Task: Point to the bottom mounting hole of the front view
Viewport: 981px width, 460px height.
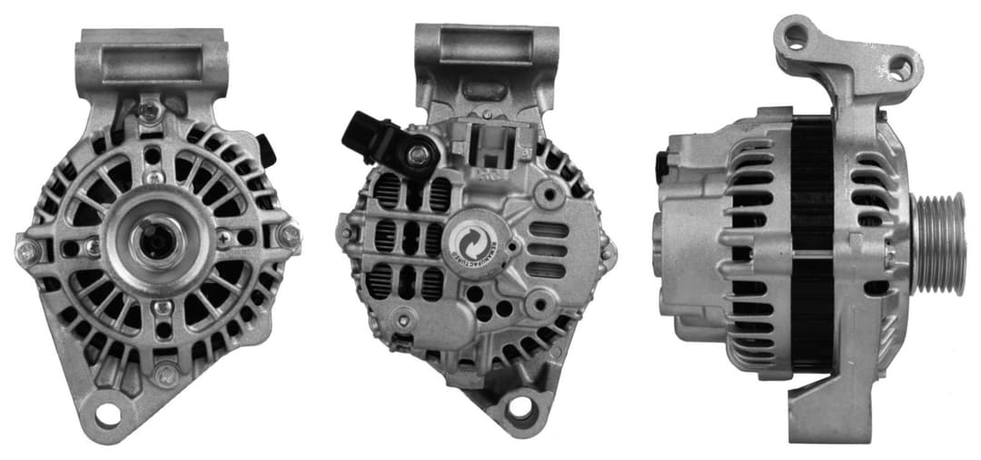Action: pyautogui.click(x=108, y=414)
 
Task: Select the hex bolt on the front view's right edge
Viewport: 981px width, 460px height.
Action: pyautogui.click(x=288, y=235)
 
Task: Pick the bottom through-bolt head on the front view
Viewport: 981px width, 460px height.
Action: pyautogui.click(x=164, y=372)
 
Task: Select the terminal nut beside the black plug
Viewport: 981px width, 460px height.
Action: pyautogui.click(x=419, y=155)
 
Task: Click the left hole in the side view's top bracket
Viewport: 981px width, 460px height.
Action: pyautogui.click(x=797, y=35)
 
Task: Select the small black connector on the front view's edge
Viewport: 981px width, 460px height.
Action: pyautogui.click(x=266, y=150)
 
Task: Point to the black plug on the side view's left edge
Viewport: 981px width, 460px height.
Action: pyautogui.click(x=660, y=167)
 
